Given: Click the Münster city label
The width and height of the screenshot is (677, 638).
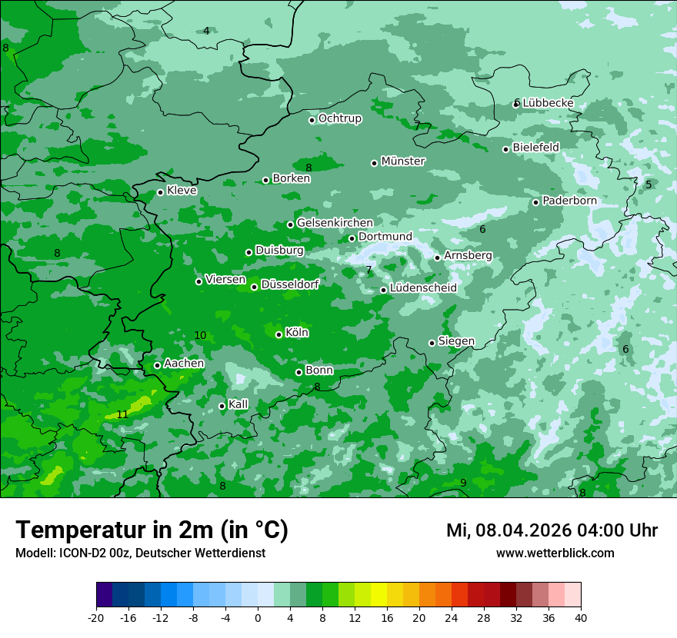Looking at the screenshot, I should [x=403, y=161].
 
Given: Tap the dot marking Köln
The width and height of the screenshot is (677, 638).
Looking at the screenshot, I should [x=278, y=334].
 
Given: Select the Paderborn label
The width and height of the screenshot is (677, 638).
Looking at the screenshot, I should [x=569, y=201].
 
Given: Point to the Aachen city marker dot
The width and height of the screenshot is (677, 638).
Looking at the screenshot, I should [x=157, y=365].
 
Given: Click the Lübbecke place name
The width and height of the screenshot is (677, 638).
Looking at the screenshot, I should [x=548, y=103].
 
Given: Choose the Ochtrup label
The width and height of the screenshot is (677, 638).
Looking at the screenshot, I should [x=339, y=118].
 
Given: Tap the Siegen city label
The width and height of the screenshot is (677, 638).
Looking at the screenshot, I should [x=456, y=341].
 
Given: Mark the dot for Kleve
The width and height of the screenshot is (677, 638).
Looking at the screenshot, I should [x=160, y=192].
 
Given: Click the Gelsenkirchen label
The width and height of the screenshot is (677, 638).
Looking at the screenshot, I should [x=335, y=223].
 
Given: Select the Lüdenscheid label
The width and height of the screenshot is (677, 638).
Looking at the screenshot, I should [x=423, y=288].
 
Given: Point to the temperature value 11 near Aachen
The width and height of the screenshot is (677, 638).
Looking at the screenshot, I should [x=122, y=414].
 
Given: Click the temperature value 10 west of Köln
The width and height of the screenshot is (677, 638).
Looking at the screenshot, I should [x=200, y=335].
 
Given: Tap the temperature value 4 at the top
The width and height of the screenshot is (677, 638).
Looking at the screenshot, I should [x=206, y=31].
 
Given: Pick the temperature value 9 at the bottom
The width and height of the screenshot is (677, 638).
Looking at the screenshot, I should [x=463, y=483].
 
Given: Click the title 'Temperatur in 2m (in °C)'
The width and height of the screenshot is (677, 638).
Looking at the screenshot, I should [x=152, y=530].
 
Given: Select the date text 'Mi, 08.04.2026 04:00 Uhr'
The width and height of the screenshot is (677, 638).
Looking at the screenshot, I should [x=552, y=530].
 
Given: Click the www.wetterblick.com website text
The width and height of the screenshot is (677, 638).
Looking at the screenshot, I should [x=555, y=553].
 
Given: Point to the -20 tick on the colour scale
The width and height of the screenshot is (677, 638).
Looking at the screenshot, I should [x=96, y=617].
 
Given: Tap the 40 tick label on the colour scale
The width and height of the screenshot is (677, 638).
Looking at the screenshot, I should [x=580, y=617].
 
